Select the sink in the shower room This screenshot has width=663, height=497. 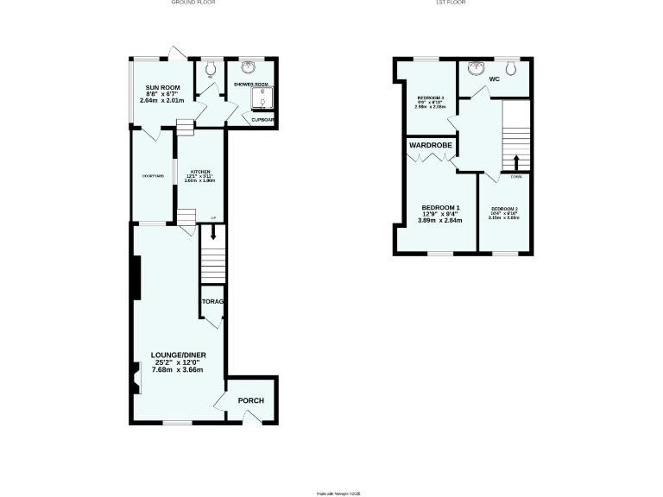pyautogui.click(x=249, y=66)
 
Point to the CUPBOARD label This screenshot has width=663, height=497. pyautogui.click(x=263, y=119)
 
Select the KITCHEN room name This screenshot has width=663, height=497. pyautogui.click(x=200, y=173)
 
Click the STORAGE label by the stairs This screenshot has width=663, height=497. pyautogui.click(x=212, y=301)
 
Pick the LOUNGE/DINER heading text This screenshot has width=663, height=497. pyautogui.click(x=178, y=355)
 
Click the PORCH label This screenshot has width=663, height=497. pyautogui.click(x=251, y=400)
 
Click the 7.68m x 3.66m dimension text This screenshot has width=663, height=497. pyautogui.click(x=178, y=370)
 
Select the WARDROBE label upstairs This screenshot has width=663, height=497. pyautogui.click(x=432, y=145)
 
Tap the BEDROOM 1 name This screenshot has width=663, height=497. pyautogui.click(x=440, y=208)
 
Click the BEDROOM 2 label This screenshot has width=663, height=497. pyautogui.click(x=504, y=209)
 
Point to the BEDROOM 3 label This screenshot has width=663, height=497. pyautogui.click(x=431, y=98)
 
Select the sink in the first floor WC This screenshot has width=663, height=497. pyautogui.click(x=474, y=67)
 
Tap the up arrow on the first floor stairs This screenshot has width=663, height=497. pyautogui.click(x=516, y=162)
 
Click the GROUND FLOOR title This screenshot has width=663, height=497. pyautogui.click(x=194, y=3)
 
